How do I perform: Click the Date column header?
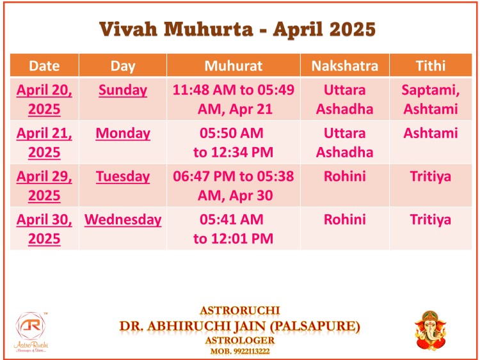coord(44,66)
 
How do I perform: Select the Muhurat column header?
coord(233,66)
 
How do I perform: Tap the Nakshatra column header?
coord(345,66)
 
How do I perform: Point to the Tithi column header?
coord(431,66)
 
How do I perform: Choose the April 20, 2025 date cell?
coord(44,99)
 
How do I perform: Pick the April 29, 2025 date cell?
coord(44,185)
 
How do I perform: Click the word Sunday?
coord(123,90)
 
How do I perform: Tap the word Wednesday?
coord(123,219)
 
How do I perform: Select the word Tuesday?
coord(123,176)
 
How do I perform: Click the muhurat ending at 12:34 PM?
coord(233,143)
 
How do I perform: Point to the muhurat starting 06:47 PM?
coord(233,185)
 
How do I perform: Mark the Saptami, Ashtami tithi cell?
coord(431,99)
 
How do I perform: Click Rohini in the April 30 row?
coord(345,219)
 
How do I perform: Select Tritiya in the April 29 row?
coord(431,176)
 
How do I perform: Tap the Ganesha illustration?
coord(431,331)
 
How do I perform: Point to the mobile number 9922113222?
coord(252,351)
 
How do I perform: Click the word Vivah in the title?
coord(128,29)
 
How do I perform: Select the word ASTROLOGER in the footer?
coord(240,340)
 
